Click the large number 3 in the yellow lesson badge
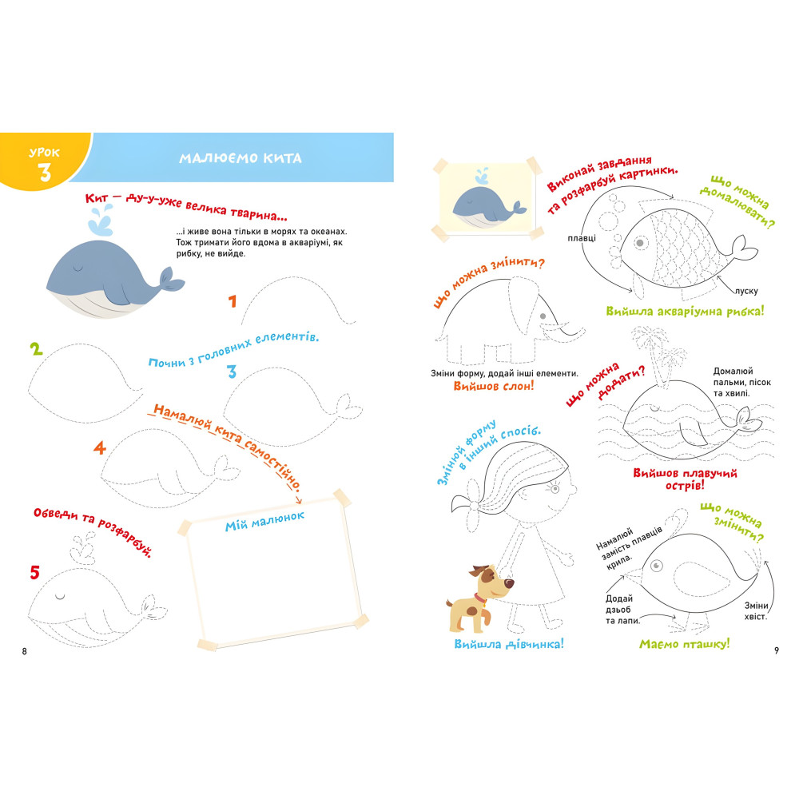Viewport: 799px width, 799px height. (45, 172)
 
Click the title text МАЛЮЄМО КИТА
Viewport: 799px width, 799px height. (240, 158)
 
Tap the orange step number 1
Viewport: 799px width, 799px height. (233, 301)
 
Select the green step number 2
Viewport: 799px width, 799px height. (36, 349)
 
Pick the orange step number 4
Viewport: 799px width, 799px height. (100, 448)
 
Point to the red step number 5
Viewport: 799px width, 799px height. (34, 572)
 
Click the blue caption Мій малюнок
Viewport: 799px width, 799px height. (265, 521)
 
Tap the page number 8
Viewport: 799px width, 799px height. (24, 650)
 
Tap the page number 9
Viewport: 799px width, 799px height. (776, 650)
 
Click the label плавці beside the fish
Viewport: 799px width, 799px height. (582, 238)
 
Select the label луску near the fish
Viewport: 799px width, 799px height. (746, 291)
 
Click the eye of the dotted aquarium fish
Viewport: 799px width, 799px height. (640, 243)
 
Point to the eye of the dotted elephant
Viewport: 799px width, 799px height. (543, 316)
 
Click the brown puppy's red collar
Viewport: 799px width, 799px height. (479, 597)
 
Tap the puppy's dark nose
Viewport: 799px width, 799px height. (510, 582)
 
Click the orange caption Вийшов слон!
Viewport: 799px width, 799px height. (493, 386)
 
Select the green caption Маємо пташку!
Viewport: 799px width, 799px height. (685, 643)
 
